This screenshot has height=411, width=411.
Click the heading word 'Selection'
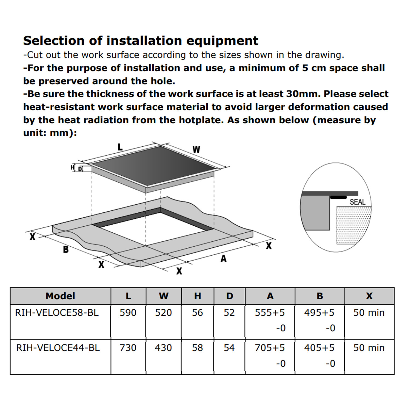tap(54, 41)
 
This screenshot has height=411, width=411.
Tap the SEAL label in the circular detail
tap(358, 202)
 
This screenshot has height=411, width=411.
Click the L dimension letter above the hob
tap(120, 147)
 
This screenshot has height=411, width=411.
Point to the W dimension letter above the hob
tap(196, 149)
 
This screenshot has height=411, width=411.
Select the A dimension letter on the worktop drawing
tap(224, 258)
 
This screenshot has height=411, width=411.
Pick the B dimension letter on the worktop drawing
tap(66, 250)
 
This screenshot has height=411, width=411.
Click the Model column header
tap(60, 296)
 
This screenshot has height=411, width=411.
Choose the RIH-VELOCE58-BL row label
tap(57, 313)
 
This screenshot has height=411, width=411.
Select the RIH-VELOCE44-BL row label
tap(58, 348)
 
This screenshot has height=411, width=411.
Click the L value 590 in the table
tap(128, 313)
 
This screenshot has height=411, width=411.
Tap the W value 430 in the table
tap(163, 348)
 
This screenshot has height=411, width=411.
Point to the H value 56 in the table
tap(198, 313)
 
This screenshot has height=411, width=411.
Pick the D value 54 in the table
tap(229, 348)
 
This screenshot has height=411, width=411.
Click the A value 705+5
tap(270, 348)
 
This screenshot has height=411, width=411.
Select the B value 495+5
tap(319, 313)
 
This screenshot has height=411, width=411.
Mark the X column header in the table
tap(369, 296)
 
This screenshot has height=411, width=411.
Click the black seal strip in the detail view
tap(338, 197)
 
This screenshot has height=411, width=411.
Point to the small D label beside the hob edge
tap(80, 169)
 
